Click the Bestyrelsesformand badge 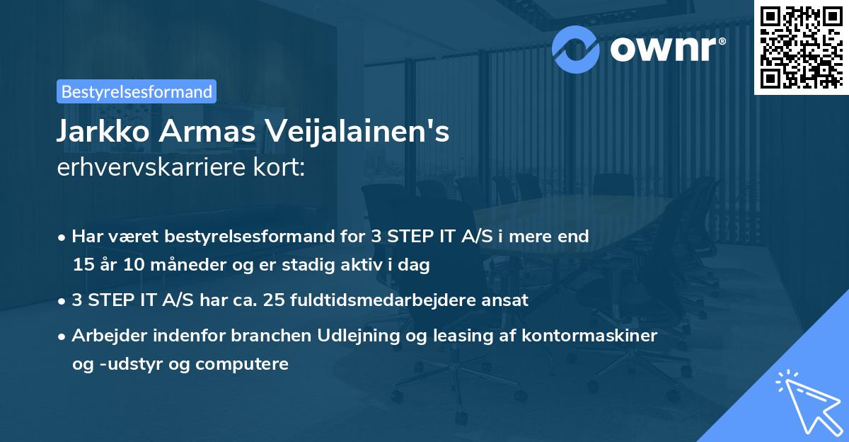click(137, 91)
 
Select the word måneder click(180, 265)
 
